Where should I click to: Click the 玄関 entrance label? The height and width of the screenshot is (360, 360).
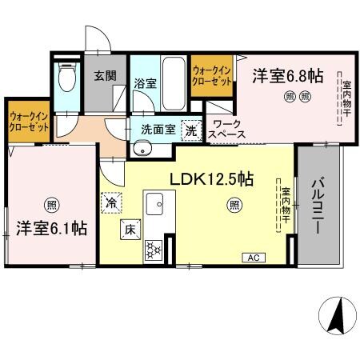pos(104,76)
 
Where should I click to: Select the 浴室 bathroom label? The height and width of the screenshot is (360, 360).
pos(145,82)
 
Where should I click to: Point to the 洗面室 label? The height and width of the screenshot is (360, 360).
pos(158,127)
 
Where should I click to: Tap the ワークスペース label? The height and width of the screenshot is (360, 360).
pos(228,130)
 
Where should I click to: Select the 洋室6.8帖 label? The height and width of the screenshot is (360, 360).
pos(288,76)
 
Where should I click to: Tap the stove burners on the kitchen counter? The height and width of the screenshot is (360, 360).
pos(152,250)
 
